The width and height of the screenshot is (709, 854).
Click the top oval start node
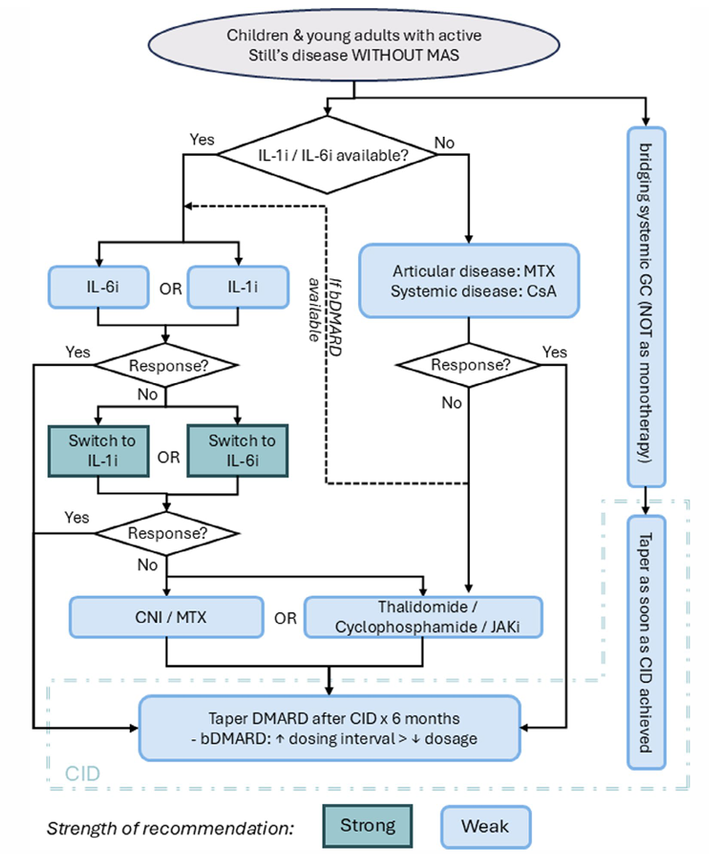354,45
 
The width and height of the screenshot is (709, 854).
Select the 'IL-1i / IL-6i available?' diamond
328,155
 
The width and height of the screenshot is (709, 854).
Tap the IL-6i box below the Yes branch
98,287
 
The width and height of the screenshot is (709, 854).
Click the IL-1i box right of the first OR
238,287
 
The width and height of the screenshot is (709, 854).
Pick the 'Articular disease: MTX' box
469,280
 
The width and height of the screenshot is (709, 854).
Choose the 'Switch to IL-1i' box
98,451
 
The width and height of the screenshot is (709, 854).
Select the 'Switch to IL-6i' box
237,451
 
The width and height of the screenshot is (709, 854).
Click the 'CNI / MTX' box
167,617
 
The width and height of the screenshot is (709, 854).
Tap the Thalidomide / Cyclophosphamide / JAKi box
423,617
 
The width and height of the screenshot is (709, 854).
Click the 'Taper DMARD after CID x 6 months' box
330,728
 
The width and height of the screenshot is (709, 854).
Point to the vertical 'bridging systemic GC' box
646,307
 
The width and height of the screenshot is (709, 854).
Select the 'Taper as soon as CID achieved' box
646,642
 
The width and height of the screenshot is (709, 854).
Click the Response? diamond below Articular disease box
469,365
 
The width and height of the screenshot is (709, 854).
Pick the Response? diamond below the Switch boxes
167,534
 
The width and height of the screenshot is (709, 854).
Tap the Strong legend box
368,825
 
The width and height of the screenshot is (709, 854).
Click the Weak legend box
485,827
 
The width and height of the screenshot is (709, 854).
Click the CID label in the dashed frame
82,773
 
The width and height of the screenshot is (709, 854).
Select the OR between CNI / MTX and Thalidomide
286,619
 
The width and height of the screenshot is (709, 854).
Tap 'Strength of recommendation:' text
170,828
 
